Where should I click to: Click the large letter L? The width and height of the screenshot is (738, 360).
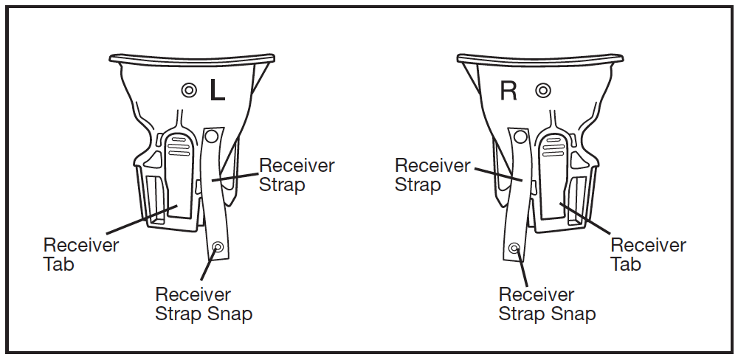(217, 90)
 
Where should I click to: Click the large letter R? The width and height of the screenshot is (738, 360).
(508, 91)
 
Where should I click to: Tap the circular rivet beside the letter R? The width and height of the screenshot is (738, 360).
(543, 91)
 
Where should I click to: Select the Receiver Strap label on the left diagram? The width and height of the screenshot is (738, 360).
(296, 175)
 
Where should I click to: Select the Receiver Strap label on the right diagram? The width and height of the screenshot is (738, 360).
(432, 175)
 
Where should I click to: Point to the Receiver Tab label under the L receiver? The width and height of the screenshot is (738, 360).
(80, 254)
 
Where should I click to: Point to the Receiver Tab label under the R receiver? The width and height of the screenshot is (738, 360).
(648, 254)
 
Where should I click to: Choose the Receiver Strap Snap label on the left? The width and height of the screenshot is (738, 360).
(204, 304)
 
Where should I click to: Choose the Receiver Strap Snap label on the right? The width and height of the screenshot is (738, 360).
(547, 304)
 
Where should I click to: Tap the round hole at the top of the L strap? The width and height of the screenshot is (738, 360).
(212, 136)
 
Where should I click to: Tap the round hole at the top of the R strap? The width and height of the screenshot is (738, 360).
(520, 136)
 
